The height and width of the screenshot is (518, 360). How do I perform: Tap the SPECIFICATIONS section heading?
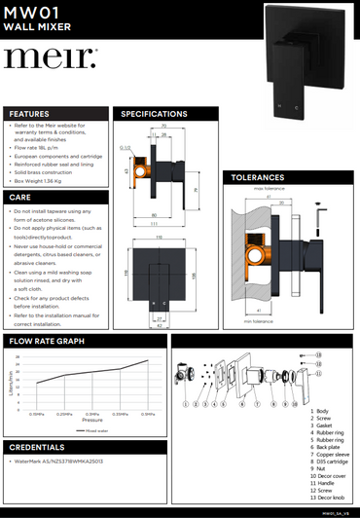point(154,114)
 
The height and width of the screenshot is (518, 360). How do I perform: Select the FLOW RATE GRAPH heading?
point(48,342)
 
